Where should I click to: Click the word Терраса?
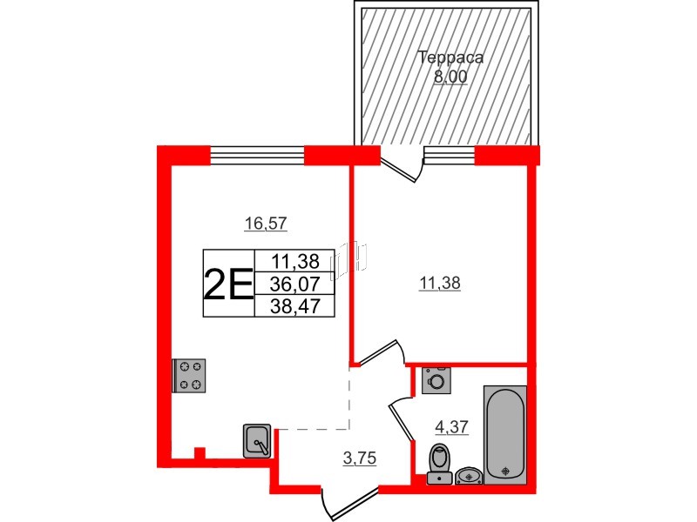pyautogui.click(x=450, y=59)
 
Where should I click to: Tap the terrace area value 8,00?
pyautogui.click(x=450, y=77)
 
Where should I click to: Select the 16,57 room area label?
pyautogui.click(x=266, y=224)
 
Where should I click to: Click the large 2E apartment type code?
pyautogui.click(x=227, y=284)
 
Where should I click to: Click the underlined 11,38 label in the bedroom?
pyautogui.click(x=440, y=282)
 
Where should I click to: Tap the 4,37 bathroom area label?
pyautogui.click(x=451, y=426)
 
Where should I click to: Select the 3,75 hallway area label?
pyautogui.click(x=359, y=461)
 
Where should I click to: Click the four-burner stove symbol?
pyautogui.click(x=189, y=376)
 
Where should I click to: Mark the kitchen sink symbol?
pyautogui.click(x=258, y=440)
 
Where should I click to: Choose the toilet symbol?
pyautogui.click(x=439, y=461)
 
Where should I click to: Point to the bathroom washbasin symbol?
pyautogui.click(x=470, y=475)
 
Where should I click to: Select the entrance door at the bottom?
pyautogui.click(x=348, y=505)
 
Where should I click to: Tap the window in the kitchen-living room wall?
pyautogui.click(x=258, y=155)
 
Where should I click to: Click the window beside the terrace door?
pyautogui.click(x=449, y=155)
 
